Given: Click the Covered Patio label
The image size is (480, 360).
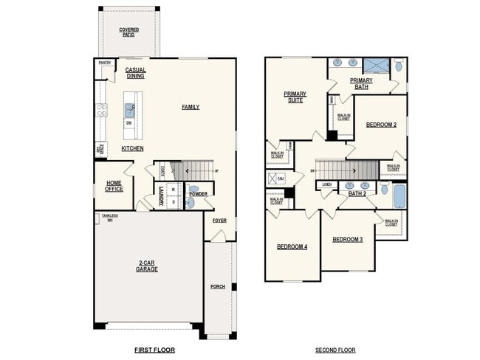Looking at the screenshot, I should tap(128, 32).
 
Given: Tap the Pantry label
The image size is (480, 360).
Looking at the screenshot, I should tap(104, 63).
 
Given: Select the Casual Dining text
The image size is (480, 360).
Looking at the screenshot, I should tap(135, 73).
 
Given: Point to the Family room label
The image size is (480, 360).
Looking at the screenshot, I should tap(191, 107).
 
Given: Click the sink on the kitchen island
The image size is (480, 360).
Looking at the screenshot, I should tap(129, 111).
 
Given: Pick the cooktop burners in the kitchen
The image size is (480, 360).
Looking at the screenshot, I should tap(100, 111).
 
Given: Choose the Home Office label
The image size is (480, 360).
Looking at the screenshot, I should tap(114, 186).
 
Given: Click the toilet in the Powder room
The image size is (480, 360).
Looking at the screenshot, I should tap(191, 201).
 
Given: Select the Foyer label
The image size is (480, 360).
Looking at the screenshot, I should tap(219, 221).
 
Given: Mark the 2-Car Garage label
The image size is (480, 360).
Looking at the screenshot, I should tap(146, 267).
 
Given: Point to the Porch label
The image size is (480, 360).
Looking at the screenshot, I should tap(218, 286).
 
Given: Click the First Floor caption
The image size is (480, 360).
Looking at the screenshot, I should tap(154, 350).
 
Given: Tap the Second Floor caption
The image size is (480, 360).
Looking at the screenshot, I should tap(335, 350).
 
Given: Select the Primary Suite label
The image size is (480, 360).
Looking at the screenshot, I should tap(295, 97).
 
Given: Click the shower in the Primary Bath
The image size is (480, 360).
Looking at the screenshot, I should tap(377, 64).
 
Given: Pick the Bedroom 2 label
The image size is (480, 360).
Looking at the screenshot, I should tap(381, 125).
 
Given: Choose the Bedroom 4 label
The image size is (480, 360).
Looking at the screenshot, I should tap(292, 246).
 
